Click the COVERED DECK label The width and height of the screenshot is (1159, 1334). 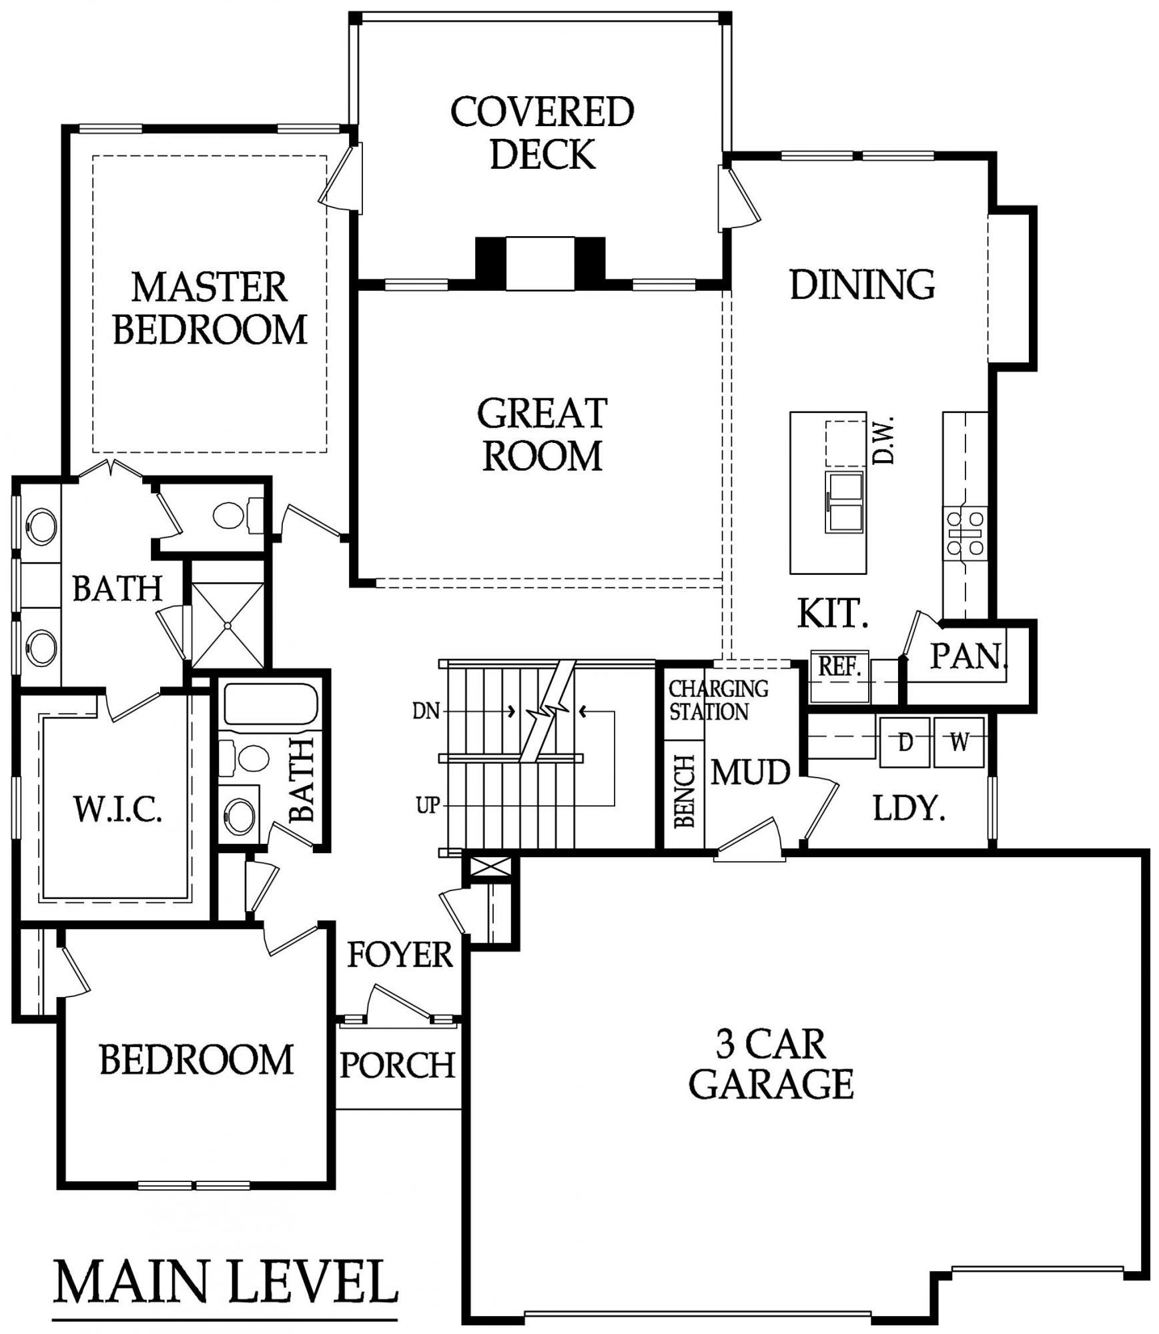(542, 133)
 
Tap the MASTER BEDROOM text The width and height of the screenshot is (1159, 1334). (210, 308)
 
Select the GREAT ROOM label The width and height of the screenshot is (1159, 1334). (542, 434)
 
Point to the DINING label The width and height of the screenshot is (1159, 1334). (862, 285)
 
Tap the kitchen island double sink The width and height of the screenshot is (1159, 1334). (845, 502)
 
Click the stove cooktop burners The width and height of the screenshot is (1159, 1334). (964, 532)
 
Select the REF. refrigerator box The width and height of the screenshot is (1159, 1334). (839, 676)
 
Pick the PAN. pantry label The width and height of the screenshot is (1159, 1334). (968, 656)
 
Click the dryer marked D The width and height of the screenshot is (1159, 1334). (905, 742)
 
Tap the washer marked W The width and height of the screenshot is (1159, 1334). (959, 742)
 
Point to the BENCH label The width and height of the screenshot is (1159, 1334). (685, 791)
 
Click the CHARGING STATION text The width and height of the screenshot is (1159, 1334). (718, 700)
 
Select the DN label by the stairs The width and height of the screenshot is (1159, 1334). (426, 712)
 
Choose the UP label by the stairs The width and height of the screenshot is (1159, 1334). (428, 806)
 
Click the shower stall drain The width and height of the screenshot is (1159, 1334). (228, 626)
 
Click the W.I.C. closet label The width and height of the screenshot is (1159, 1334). (117, 810)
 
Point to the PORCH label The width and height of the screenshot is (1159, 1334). (398, 1065)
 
